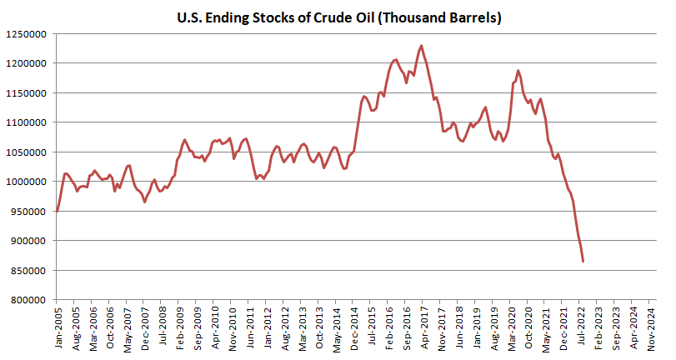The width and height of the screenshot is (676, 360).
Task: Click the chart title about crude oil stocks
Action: pyautogui.click(x=338, y=17)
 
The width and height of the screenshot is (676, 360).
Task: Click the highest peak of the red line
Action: pyautogui.click(x=421, y=46)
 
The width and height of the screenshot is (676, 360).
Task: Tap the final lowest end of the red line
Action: pyautogui.click(x=583, y=261)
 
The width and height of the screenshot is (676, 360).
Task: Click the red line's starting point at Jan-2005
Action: pyautogui.click(x=57, y=211)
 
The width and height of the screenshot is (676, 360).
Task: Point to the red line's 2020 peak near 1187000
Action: pyautogui.click(x=518, y=71)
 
